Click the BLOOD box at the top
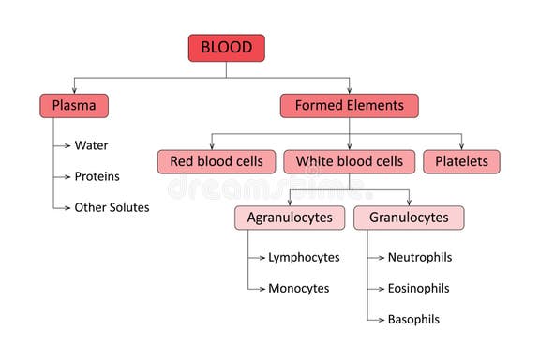tap(226, 48)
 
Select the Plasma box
tap(74, 106)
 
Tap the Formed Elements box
tap(349, 106)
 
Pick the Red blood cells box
tap(217, 161)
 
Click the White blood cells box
tap(350, 161)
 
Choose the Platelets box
tap(461, 161)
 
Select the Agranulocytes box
tap(290, 217)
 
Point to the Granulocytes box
tap(409, 217)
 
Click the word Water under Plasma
tap(93, 145)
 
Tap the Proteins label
tap(97, 176)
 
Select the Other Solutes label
tap(112, 207)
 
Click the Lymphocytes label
tap(304, 257)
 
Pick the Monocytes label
tap(299, 288)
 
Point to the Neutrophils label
tap(419, 257)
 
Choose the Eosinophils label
tap(419, 288)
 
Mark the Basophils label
tap(413, 319)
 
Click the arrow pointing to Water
tap(64, 145)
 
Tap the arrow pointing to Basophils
tap(377, 319)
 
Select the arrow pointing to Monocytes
tap(258, 288)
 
